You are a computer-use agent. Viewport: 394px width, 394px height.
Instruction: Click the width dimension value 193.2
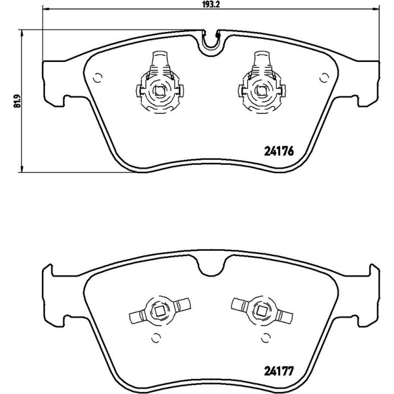(211, 4)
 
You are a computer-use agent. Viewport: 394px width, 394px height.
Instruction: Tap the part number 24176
(279, 152)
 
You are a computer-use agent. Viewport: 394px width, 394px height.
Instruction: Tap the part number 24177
(279, 371)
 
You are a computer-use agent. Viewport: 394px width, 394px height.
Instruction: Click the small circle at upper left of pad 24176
(97, 78)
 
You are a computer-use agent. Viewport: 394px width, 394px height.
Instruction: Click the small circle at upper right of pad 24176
(324, 78)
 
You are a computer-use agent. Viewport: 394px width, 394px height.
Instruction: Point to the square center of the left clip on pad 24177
(159, 312)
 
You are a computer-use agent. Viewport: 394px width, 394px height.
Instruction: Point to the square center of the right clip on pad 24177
(261, 312)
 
